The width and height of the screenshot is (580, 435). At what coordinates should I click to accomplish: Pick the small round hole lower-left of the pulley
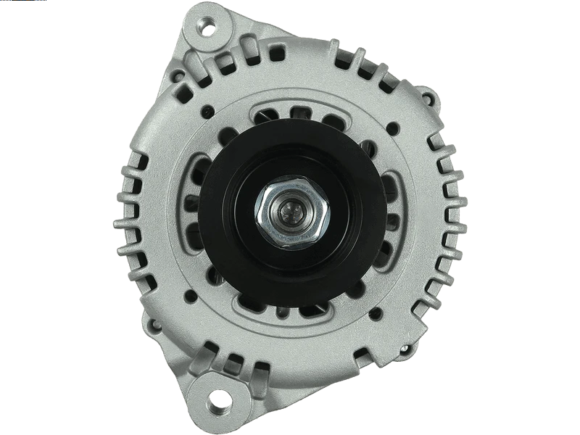tap(190, 295)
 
